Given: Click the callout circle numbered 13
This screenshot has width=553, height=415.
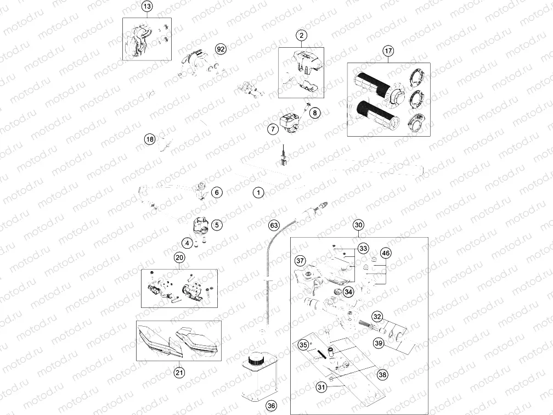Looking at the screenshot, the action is [147, 7].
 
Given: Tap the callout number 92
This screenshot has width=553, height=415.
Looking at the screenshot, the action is [221, 49].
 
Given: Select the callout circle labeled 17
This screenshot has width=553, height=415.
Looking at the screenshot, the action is [388, 51].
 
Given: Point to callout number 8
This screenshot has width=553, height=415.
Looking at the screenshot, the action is [315, 113].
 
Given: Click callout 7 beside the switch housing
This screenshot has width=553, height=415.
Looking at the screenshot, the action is [273, 129].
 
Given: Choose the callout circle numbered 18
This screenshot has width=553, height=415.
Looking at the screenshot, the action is [150, 139].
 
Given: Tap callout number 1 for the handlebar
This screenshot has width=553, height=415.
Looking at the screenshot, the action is [258, 193].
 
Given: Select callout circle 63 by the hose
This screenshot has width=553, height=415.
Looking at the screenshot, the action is [274, 225].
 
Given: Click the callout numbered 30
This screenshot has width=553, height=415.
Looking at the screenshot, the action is [358, 225].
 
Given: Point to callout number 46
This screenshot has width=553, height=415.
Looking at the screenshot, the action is [386, 253].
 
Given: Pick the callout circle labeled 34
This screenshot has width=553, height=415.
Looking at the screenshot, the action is [348, 292].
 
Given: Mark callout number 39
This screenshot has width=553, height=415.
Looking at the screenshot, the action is [379, 343].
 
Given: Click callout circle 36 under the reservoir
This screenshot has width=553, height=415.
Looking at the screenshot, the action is [271, 406].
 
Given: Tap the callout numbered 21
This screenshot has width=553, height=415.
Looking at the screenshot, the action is [179, 372].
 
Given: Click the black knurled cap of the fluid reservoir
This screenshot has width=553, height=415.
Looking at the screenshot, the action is [255, 361].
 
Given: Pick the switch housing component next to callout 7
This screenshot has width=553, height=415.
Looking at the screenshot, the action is [290, 123].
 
